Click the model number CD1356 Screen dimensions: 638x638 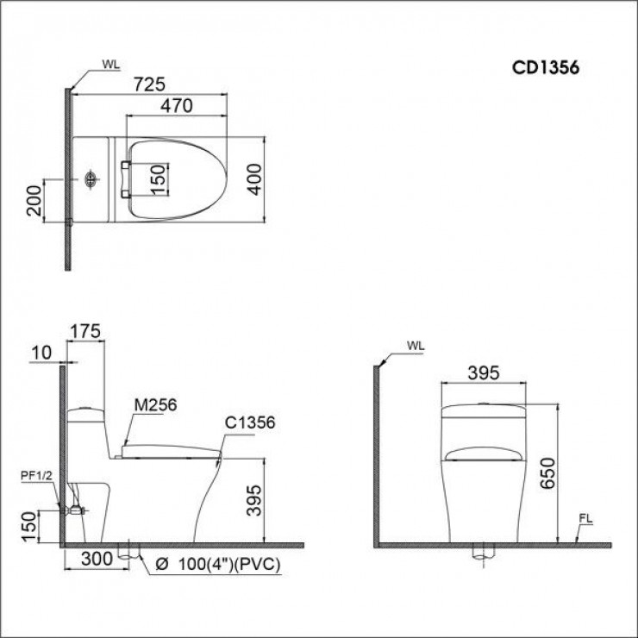(x=547, y=68)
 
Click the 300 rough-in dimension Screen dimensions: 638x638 (x=98, y=560)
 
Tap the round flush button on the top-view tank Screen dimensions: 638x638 (x=91, y=180)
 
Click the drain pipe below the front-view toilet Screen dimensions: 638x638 (x=485, y=553)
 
